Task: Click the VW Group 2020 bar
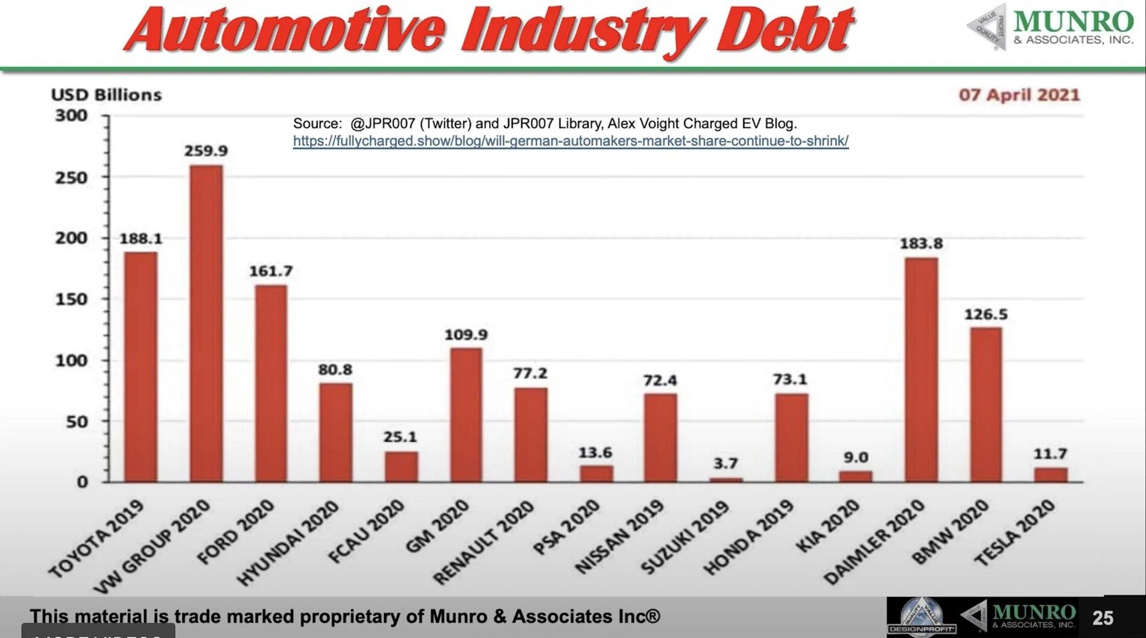[x=206, y=323]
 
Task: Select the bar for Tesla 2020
[x=1051, y=474]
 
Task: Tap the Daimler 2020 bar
[x=921, y=369]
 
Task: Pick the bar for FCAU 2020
[x=401, y=467]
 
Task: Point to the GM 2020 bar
[x=466, y=415]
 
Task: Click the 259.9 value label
[x=206, y=151]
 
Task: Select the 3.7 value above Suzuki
[x=725, y=464]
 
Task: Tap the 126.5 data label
[x=986, y=314]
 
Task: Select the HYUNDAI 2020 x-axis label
[x=286, y=543]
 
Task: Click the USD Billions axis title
[x=106, y=95]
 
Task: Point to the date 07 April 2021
[x=1019, y=95]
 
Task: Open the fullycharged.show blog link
[x=571, y=141]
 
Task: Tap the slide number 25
[x=1103, y=617]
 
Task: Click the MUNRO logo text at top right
[x=1073, y=22]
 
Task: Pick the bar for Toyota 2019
[x=141, y=366]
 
